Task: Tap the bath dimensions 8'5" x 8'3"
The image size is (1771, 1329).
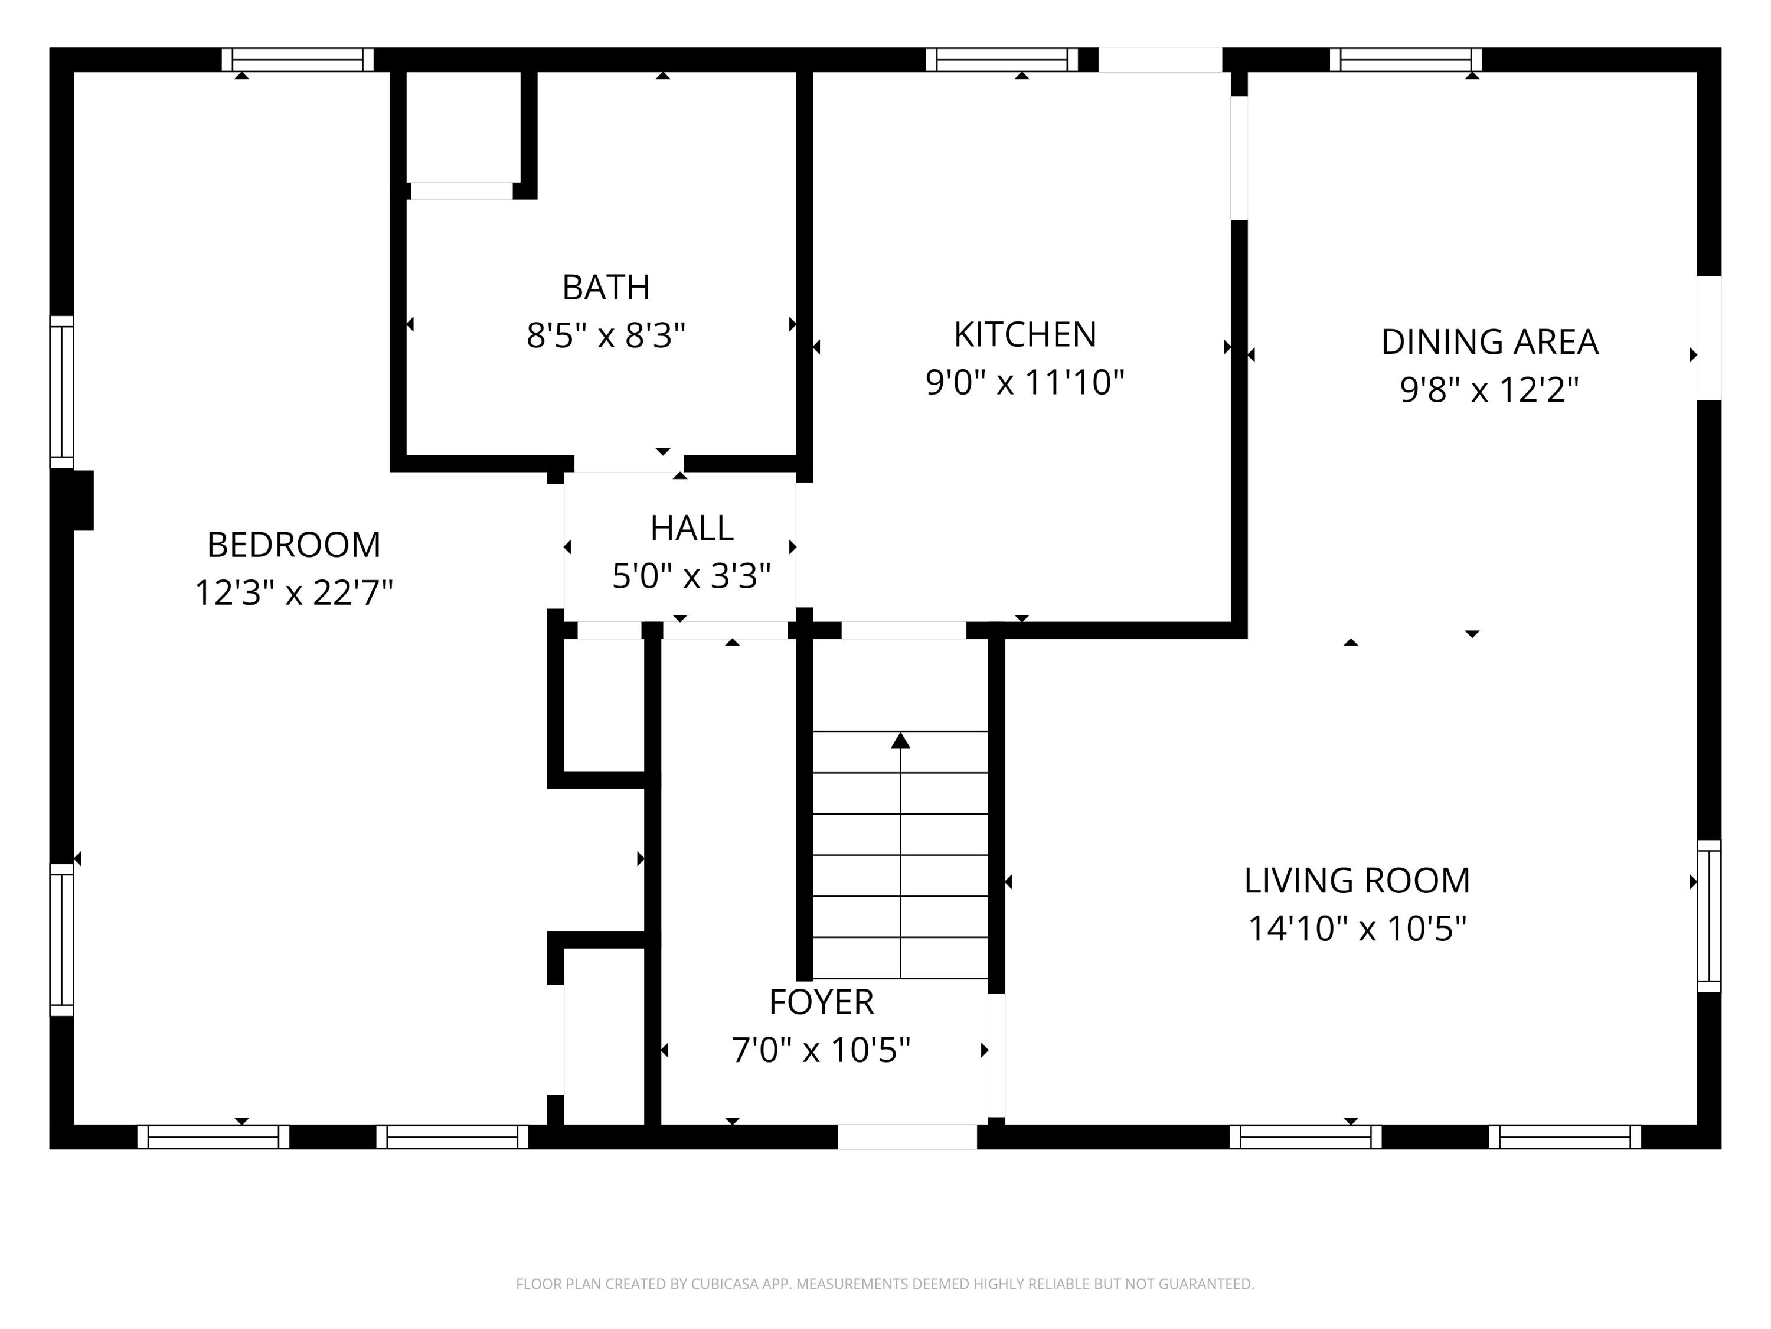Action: tap(606, 335)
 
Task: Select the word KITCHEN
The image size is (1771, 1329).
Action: tap(1025, 334)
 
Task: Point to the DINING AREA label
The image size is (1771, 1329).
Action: tap(1489, 342)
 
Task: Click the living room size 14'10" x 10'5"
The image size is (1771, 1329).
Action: tap(1357, 929)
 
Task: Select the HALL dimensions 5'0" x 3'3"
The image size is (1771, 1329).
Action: tap(691, 575)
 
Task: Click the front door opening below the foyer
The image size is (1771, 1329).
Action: tap(907, 1137)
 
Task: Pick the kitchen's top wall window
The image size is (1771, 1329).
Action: tap(1002, 60)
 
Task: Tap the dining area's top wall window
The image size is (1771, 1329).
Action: tap(1405, 60)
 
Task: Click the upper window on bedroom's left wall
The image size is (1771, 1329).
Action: tap(61, 392)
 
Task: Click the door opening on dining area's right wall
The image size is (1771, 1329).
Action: tap(1708, 338)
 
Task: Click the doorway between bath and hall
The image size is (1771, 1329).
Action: tap(629, 464)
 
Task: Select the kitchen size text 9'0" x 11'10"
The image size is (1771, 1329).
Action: tap(1025, 382)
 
